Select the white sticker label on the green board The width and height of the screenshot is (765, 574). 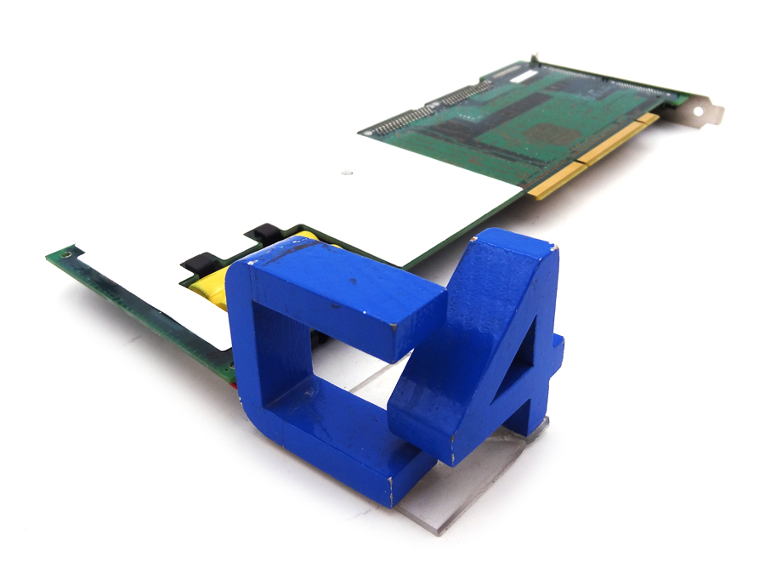[x=524, y=77]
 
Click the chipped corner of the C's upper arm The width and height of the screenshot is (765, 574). [x=393, y=324]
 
